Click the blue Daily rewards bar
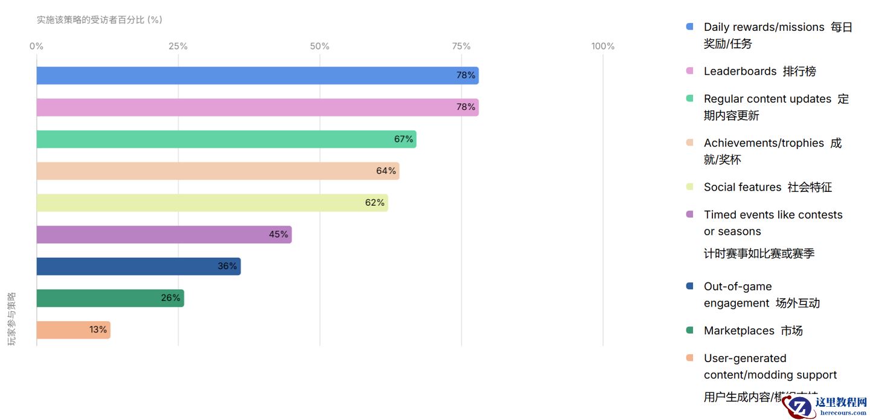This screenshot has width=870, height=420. tap(257, 75)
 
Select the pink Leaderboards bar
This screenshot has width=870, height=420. tap(257, 107)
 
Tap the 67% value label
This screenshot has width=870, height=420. tap(404, 139)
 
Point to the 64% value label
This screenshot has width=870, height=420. tap(386, 171)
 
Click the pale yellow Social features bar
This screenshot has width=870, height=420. tap(211, 203)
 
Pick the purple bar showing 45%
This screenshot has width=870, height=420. tap(163, 235)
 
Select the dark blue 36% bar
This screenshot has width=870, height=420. tap(138, 267)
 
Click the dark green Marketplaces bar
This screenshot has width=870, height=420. tap(110, 298)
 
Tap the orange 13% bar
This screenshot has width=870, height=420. tap(72, 330)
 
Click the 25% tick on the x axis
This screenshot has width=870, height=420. tap(178, 46)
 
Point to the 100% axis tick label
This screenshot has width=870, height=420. tap(602, 46)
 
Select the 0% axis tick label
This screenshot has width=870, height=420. tap(36, 46)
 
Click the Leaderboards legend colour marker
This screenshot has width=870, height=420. tap(690, 71)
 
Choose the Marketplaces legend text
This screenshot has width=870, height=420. tap(753, 331)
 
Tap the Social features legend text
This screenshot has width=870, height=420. tap(767, 187)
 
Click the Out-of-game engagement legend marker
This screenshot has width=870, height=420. tap(690, 287)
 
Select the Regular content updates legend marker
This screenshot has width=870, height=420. tap(690, 99)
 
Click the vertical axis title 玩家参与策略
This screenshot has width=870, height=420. tap(11, 319)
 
